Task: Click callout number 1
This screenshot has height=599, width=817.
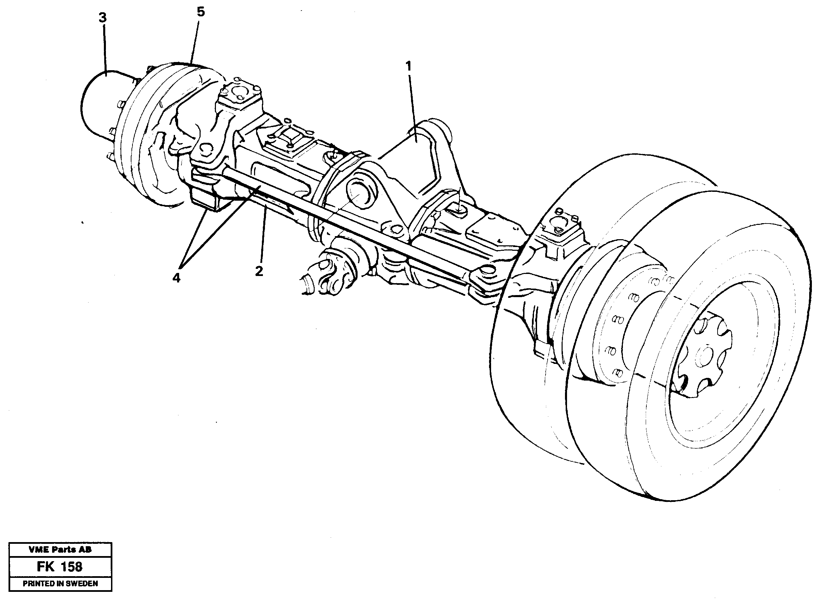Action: [408, 66]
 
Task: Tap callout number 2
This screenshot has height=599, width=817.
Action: [259, 271]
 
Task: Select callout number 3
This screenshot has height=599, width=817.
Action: [103, 18]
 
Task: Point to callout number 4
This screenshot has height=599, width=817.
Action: [176, 278]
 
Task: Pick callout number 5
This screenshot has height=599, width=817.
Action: [200, 12]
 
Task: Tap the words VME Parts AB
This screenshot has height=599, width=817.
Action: [60, 549]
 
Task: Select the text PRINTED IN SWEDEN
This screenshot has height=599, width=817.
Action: [60, 583]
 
